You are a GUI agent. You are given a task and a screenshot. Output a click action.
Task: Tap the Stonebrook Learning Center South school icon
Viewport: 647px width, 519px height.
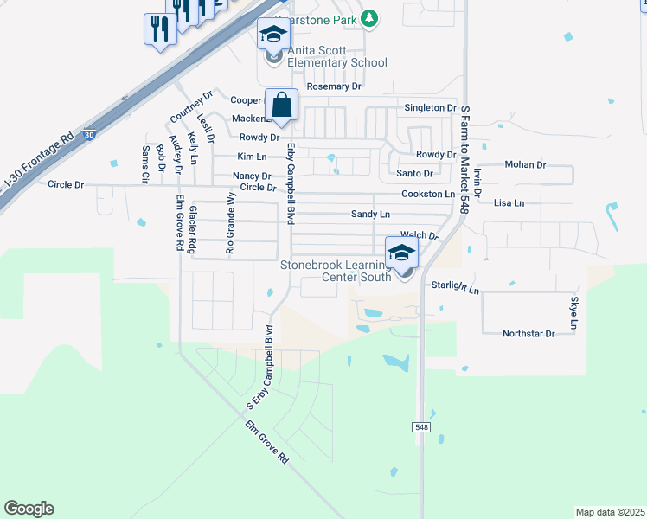coord(401,253)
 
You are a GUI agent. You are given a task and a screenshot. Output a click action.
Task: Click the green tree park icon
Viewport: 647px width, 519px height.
coord(369,17)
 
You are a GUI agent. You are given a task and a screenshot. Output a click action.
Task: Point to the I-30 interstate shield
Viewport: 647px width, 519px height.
coord(89,135)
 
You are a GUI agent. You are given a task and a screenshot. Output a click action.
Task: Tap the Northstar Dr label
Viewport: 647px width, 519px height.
coord(528,333)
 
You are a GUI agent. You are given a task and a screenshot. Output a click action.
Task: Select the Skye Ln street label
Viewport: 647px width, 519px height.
coord(573,314)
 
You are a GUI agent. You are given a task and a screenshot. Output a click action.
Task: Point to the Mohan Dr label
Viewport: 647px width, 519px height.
coord(526,164)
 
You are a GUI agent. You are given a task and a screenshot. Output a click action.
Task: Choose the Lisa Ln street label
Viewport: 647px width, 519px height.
coord(509,203)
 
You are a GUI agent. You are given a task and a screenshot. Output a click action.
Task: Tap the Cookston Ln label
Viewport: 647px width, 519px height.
coord(428,195)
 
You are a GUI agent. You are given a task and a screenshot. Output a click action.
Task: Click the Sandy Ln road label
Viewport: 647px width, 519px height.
coord(370,214)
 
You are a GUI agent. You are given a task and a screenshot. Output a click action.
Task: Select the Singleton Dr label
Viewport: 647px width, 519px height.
coord(430,107)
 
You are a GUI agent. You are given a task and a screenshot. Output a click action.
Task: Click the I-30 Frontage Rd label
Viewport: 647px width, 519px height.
coord(39,163)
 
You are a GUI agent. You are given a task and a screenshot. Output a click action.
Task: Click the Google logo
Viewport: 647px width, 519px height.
coord(29,509)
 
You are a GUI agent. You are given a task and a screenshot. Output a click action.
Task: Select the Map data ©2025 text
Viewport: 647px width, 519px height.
coord(609,512)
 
